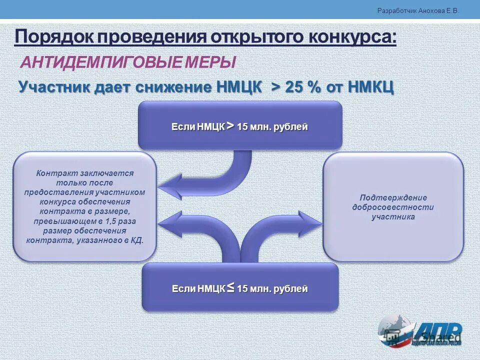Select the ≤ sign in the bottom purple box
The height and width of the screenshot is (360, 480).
pyautogui.click(x=230, y=287)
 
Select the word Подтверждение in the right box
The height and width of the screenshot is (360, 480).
pyautogui.click(x=393, y=197)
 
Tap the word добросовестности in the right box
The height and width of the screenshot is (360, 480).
pyautogui.click(x=393, y=207)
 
